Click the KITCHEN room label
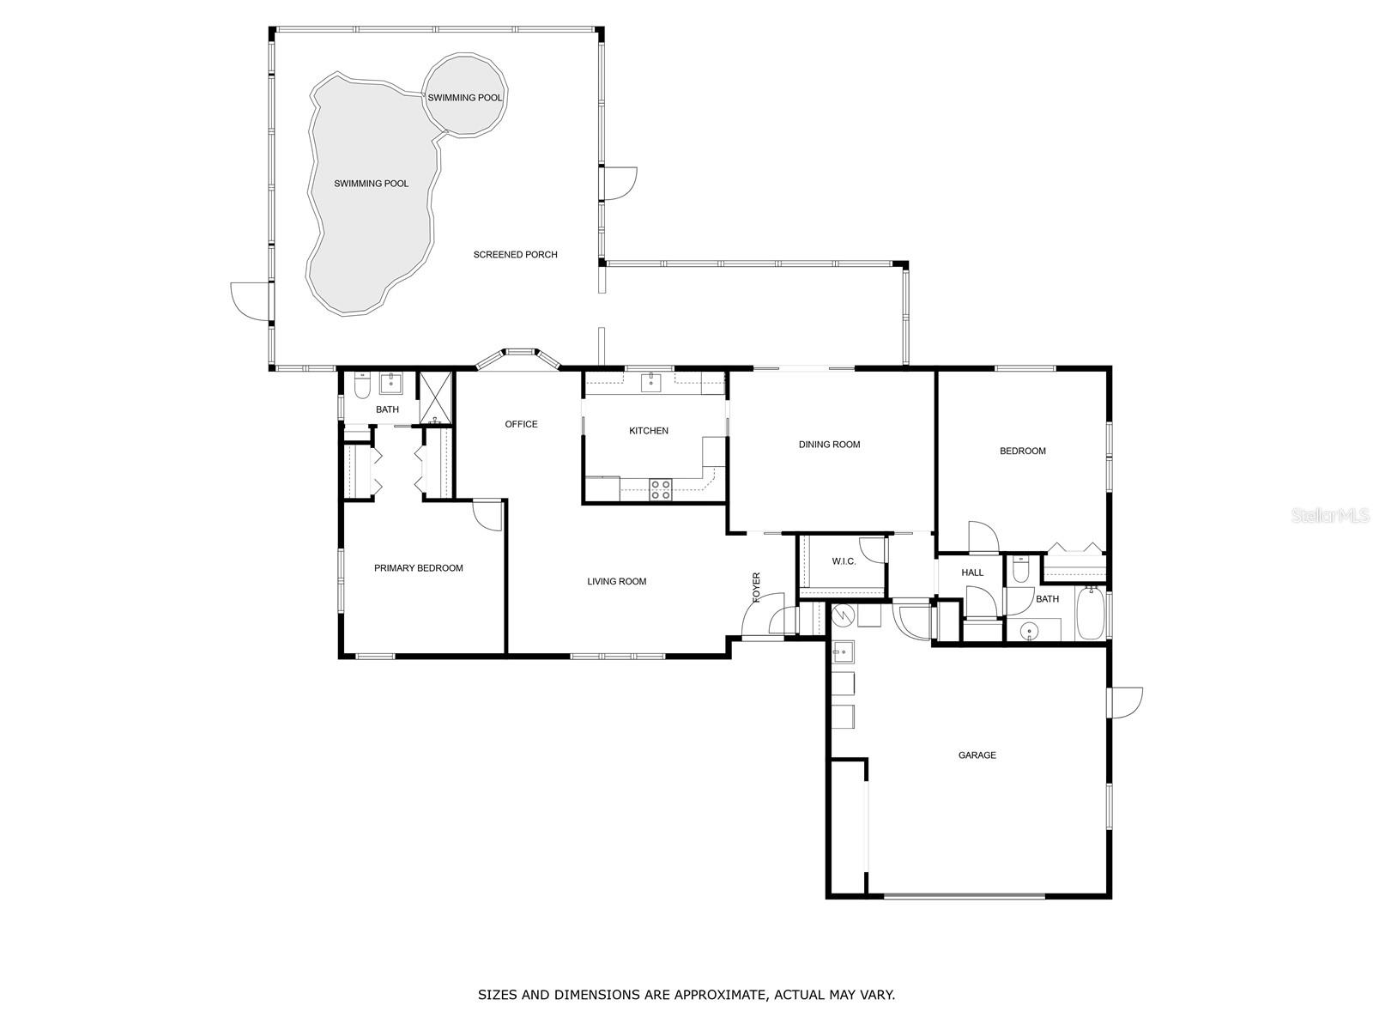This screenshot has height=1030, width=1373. pyautogui.click(x=648, y=431)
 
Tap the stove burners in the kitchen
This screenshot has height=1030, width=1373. pyautogui.click(x=660, y=489)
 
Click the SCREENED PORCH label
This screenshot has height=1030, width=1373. pyautogui.click(x=515, y=255)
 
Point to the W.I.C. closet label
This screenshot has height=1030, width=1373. pyautogui.click(x=844, y=561)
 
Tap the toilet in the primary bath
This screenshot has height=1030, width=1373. pyautogui.click(x=361, y=386)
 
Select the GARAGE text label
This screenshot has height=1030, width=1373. pyautogui.click(x=977, y=755)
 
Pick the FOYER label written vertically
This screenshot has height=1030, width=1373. pyautogui.click(x=757, y=587)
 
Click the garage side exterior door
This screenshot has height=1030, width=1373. pyautogui.click(x=1125, y=702)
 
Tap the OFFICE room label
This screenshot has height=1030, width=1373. pyautogui.click(x=521, y=424)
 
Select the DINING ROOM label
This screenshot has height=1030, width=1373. pyautogui.click(x=829, y=445)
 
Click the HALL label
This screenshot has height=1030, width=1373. pyautogui.click(x=972, y=573)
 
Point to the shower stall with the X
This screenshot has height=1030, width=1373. pyautogui.click(x=435, y=397)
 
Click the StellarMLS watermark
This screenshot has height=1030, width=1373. pyautogui.click(x=1329, y=516)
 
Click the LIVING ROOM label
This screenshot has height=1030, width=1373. pyautogui.click(x=616, y=582)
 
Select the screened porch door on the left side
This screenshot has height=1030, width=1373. pyautogui.click(x=250, y=301)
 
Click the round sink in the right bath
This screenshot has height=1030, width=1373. pyautogui.click(x=1027, y=632)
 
